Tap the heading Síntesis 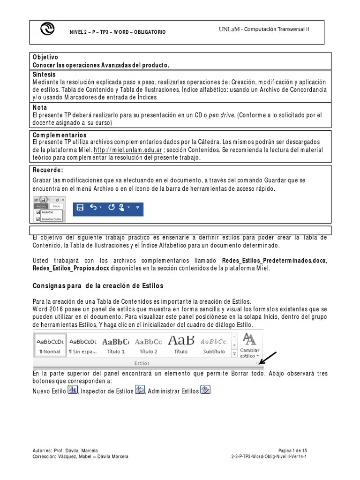(44, 75)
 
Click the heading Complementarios (60, 135)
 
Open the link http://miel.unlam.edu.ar (127, 150)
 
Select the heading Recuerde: (47, 170)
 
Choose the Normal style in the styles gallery (50, 344)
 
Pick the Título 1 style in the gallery (116, 344)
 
